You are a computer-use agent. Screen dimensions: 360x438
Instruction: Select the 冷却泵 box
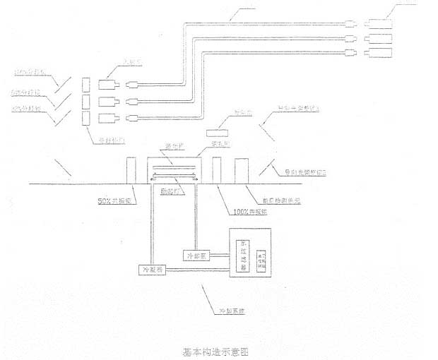click(x=197, y=254)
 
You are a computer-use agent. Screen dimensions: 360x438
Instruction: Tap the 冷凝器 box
click(x=153, y=270)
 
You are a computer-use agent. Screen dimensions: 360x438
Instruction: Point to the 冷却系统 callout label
click(x=231, y=308)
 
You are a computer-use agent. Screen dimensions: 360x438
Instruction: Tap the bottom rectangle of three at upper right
click(x=381, y=53)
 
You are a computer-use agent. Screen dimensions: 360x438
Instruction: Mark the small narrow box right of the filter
click(x=261, y=260)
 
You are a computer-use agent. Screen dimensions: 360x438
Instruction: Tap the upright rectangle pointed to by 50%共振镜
click(x=131, y=170)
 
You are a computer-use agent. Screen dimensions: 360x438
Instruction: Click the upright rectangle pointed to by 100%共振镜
click(x=217, y=170)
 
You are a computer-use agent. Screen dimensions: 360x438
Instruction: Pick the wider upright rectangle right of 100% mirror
click(x=241, y=170)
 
